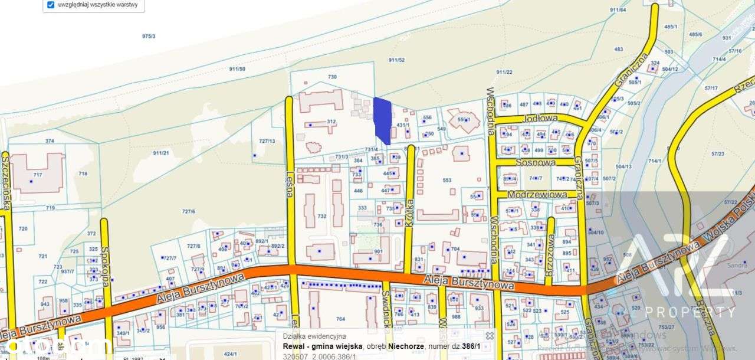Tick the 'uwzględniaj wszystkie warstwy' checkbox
[51, 5]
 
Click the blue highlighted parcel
[382, 119]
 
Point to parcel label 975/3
[149, 37]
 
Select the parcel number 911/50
[237, 69]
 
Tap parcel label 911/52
[396, 60]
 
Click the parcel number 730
[332, 77]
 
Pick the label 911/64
[618, 10]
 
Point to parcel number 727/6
[188, 211]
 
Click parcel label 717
[38, 175]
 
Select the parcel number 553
[447, 180]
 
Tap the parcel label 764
[340, 319]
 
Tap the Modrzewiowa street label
[536, 194]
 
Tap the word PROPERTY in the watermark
[690, 312]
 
